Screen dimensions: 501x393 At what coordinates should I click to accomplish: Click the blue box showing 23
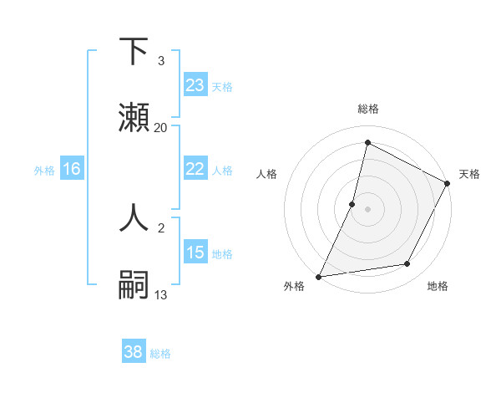point(195,85)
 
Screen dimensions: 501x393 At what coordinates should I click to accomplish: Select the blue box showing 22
point(195,169)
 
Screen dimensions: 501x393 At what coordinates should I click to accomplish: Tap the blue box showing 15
point(195,253)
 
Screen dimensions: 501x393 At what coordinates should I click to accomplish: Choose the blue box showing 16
point(72,169)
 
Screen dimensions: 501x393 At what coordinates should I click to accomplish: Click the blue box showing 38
point(134,352)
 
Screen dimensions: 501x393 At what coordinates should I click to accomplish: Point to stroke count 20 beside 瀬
point(161,128)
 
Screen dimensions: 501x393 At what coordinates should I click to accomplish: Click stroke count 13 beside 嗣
point(161,294)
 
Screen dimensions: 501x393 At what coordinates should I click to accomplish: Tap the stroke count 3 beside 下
point(161,61)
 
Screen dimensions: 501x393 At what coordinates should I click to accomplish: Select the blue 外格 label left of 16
point(44,170)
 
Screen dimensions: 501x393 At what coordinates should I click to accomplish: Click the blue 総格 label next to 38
point(160,354)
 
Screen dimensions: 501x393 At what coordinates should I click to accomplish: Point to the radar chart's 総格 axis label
point(367,109)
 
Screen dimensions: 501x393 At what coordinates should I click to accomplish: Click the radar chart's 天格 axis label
point(469,174)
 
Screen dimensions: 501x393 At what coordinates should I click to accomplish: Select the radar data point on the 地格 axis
point(407,264)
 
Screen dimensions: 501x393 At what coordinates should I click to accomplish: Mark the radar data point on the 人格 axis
point(352,203)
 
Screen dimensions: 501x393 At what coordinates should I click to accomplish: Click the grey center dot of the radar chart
point(367,208)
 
